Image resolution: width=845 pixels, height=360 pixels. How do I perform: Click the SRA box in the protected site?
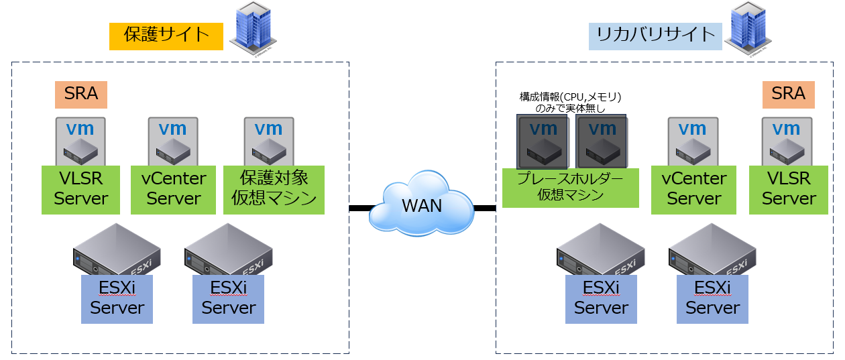pyautogui.click(x=81, y=95)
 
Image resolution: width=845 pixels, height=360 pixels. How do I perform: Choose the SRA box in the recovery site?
pyautogui.click(x=788, y=95)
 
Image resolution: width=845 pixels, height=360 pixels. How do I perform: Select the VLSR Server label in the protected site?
pyautogui.click(x=81, y=190)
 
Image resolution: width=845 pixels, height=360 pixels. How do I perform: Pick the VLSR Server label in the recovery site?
pyautogui.click(x=789, y=190)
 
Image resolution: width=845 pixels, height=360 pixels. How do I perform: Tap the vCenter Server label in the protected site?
pyautogui.click(x=174, y=190)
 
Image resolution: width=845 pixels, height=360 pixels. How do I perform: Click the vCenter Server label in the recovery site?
pyautogui.click(x=693, y=190)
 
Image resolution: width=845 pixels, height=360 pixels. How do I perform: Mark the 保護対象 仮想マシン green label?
pyautogui.click(x=274, y=190)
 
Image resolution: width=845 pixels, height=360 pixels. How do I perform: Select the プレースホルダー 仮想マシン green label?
pyautogui.click(x=570, y=188)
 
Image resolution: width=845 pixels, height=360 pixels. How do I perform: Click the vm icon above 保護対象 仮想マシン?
pyautogui.click(x=268, y=141)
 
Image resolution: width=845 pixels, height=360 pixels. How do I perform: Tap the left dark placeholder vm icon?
pyautogui.click(x=542, y=141)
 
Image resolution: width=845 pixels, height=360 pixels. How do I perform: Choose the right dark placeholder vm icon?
pyautogui.click(x=601, y=141)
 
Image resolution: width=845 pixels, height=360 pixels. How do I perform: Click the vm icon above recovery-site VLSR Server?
pyautogui.click(x=787, y=141)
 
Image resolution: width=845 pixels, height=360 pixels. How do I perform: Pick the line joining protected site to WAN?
pyautogui.click(x=360, y=208)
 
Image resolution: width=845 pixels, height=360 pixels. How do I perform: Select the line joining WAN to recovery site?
pyautogui.click(x=485, y=208)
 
